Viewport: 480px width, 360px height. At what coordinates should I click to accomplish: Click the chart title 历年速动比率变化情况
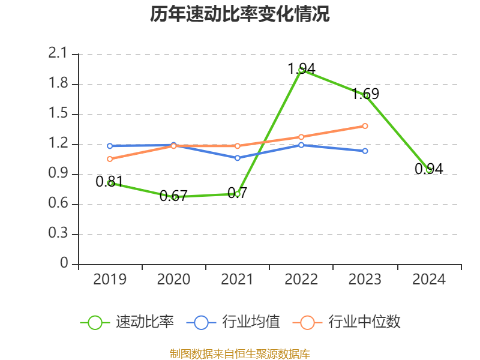[x=240, y=14]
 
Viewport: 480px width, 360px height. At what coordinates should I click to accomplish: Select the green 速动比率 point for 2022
[x=301, y=70]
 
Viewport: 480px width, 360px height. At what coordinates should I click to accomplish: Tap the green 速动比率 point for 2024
[x=428, y=170]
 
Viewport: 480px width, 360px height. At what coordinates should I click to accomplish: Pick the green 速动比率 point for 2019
[x=110, y=183]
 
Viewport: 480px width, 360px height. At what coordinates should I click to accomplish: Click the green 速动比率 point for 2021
[x=238, y=194]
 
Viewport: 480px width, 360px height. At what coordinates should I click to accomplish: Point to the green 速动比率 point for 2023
[x=365, y=95]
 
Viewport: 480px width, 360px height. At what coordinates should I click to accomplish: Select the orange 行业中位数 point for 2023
[x=365, y=126]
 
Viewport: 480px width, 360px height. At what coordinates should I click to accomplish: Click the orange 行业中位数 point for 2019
[x=110, y=159]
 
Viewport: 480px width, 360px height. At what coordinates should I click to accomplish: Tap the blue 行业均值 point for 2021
[x=238, y=158]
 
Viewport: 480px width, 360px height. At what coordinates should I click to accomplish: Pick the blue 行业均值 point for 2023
[x=365, y=151]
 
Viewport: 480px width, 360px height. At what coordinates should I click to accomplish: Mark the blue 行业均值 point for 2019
[x=110, y=146]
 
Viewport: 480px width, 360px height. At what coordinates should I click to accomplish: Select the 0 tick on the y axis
[x=65, y=264]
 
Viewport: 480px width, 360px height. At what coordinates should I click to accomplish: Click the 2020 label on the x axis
[x=173, y=280]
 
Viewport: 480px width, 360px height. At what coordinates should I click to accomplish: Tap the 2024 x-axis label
[x=428, y=280]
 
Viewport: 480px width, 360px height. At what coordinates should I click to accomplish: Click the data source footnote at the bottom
[x=240, y=353]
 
